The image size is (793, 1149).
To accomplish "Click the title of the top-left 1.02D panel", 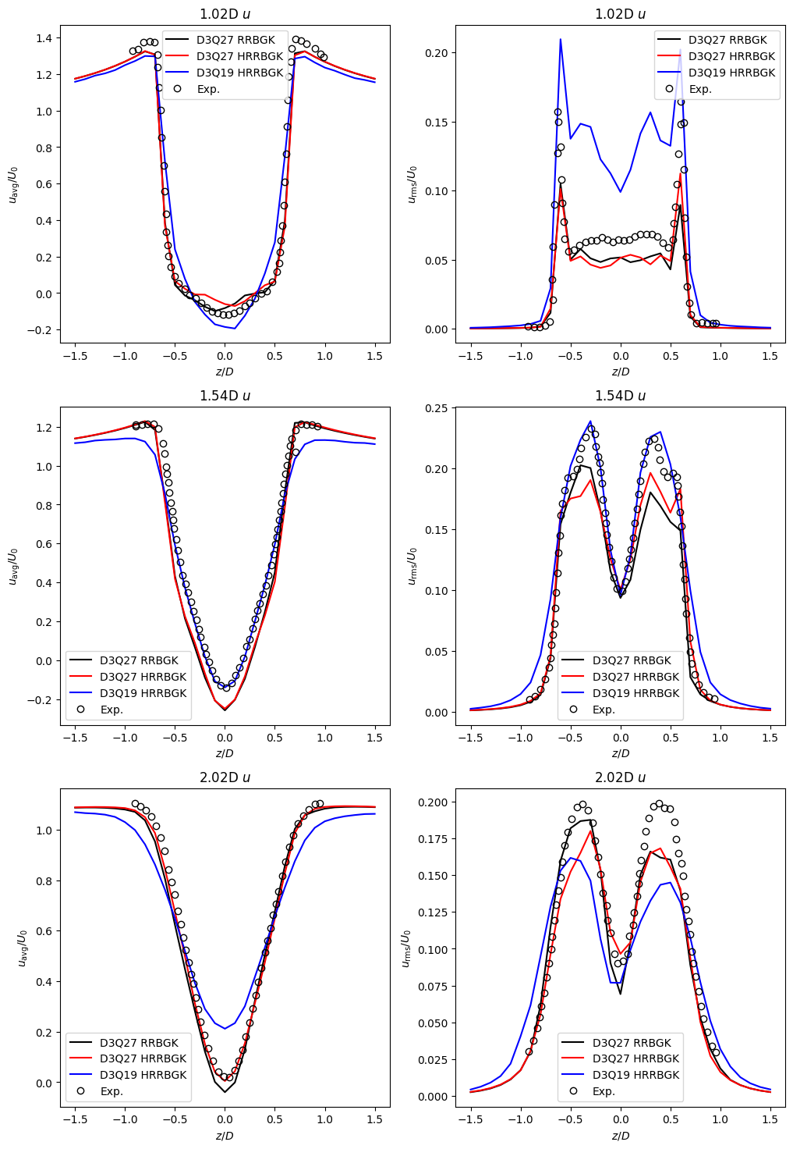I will [x=225, y=14].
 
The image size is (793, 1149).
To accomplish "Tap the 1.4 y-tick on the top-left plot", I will [x=43, y=38].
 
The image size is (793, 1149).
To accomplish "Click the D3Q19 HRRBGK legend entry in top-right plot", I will [x=731, y=73].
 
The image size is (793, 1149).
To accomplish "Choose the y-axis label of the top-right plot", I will [x=412, y=184].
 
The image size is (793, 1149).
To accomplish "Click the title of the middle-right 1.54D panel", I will [x=620, y=396].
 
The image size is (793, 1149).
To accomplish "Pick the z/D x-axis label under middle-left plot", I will [x=225, y=753].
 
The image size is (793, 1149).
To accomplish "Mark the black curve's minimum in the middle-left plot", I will [x=225, y=710].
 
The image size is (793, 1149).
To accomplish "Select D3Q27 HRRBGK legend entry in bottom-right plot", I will [x=635, y=1058].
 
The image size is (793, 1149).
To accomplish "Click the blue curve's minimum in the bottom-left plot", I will [x=225, y=1029].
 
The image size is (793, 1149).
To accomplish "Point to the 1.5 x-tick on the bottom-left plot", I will [x=375, y=1119].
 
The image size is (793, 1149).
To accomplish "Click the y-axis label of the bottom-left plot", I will [x=22, y=948].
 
